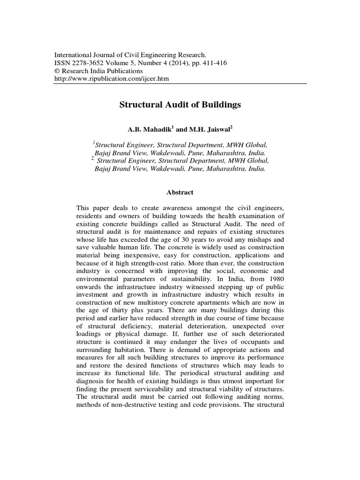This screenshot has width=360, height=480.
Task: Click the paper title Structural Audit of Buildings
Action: [x=180, y=105]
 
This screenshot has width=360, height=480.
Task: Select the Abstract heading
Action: [x=180, y=192]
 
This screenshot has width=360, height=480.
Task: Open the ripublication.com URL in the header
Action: [x=112, y=79]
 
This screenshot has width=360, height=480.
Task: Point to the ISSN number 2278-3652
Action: [x=89, y=63]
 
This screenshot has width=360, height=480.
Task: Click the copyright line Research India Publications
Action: [x=99, y=71]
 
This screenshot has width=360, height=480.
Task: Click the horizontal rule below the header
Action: [x=180, y=84]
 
